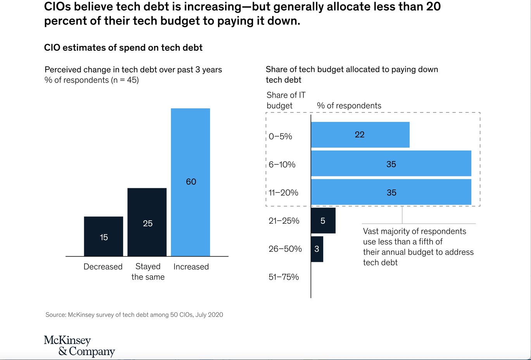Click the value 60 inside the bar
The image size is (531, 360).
[191, 182]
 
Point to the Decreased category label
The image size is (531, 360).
[103, 267]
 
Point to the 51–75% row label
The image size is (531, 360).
[284, 277]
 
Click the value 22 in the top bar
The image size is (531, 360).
[360, 135]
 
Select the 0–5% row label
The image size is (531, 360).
[280, 137]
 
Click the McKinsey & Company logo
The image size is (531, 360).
[79, 346]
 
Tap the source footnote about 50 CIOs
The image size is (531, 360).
[134, 315]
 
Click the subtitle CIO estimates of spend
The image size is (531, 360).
[123, 48]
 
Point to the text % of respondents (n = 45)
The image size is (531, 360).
[91, 80]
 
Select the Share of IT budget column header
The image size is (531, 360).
[286, 100]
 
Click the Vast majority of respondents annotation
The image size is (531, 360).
[418, 247]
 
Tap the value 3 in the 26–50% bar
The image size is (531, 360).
[317, 249]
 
